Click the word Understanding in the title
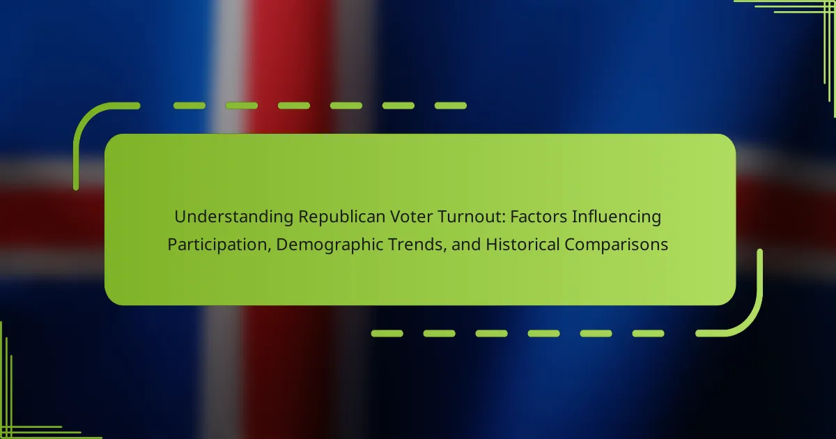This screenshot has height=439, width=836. point(234,217)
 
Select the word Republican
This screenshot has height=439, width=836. point(341,217)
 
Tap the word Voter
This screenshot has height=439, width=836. point(411,217)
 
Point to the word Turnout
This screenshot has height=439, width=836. point(469,217)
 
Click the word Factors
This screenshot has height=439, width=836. point(539,217)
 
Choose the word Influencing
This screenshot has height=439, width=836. point(617,217)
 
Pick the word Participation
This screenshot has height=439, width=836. point(217,245)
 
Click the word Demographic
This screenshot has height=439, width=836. point(330,245)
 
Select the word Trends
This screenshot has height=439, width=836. point(415,245)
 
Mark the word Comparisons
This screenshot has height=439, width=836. point(616,245)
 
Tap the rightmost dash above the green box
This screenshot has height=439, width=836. point(451,106)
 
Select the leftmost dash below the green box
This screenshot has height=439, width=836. point(387,333)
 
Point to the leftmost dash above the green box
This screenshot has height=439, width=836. point(189,106)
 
